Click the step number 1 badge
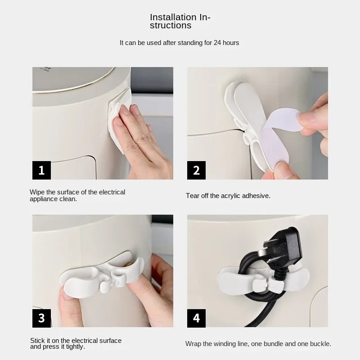click(x=41, y=171)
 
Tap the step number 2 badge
click(x=196, y=171)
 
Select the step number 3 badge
click(x=41, y=318)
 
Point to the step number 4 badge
click(x=196, y=318)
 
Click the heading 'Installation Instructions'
click(x=180, y=21)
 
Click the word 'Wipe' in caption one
click(x=37, y=192)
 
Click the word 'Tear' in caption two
click(x=193, y=196)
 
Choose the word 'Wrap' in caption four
click(x=193, y=344)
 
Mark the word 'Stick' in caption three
click(x=38, y=341)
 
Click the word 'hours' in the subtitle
click(x=229, y=43)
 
